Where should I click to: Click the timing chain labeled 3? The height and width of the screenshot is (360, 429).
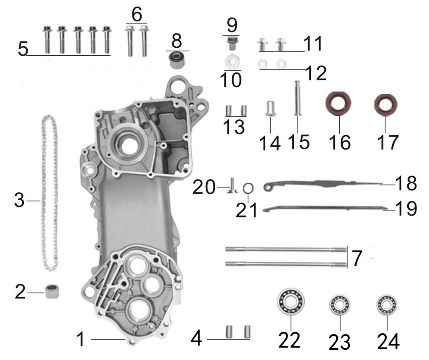point(49,193)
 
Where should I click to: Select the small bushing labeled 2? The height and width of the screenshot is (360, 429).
point(52,291)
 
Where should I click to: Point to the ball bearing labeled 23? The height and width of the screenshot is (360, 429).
point(339,304)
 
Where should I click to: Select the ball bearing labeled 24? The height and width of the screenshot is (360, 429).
point(387,304)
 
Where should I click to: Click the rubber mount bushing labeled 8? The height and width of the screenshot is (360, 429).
point(176,61)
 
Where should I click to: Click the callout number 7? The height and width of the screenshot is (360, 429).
point(356,259)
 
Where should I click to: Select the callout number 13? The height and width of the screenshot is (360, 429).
point(234,126)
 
